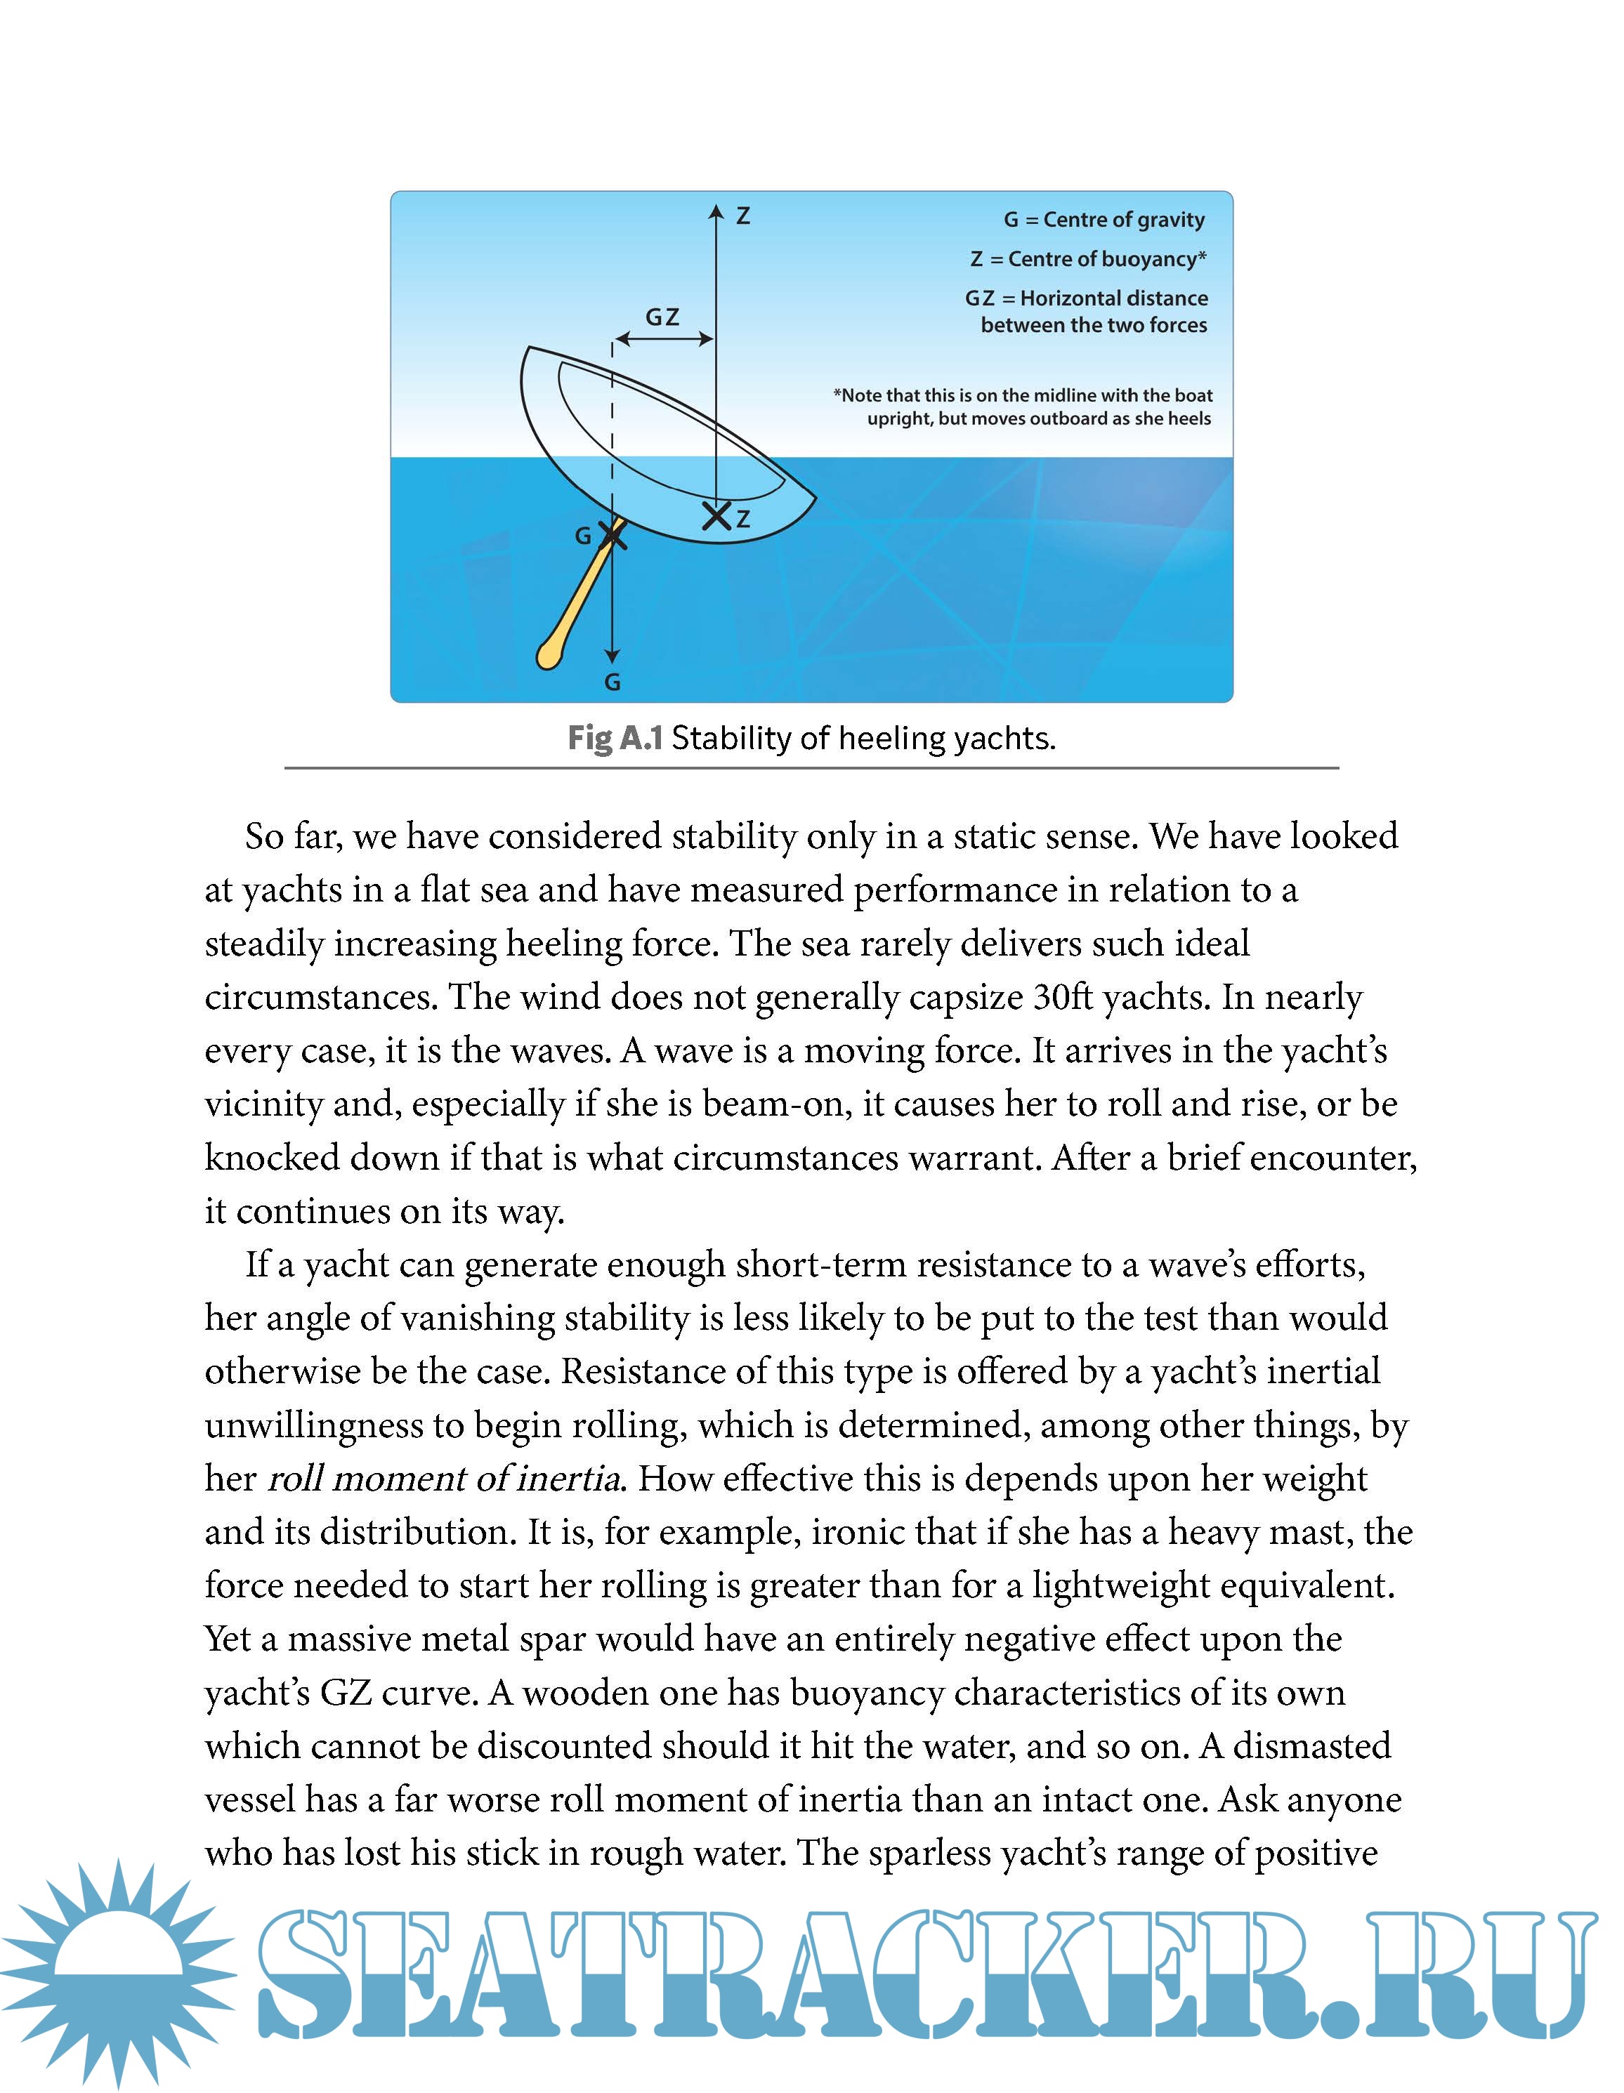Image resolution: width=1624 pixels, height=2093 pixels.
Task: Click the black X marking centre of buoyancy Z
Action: click(716, 515)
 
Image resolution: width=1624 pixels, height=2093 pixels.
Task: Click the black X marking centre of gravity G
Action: click(613, 535)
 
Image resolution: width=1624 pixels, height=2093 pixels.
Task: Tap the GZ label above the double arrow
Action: click(662, 317)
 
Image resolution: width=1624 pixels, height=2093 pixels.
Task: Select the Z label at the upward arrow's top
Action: click(743, 216)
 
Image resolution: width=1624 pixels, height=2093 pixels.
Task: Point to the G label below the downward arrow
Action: click(613, 682)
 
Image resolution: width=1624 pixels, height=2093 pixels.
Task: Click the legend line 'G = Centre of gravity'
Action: click(1104, 220)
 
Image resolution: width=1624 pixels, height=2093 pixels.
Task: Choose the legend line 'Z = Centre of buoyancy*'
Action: click(1088, 259)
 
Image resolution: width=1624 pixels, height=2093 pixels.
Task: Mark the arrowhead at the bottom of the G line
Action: click(613, 656)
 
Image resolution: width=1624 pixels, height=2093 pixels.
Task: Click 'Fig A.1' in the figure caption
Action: click(615, 738)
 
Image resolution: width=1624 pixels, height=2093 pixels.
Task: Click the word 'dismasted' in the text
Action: click(1311, 1745)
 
